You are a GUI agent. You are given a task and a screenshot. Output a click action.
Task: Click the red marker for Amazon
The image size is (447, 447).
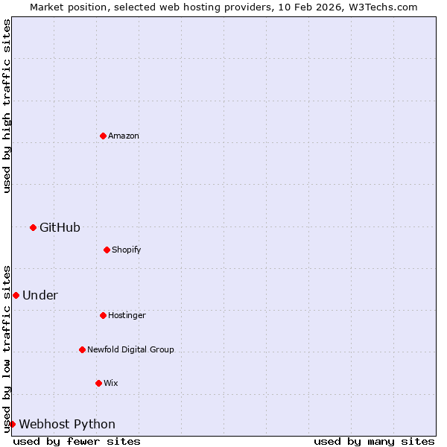[x=103, y=136]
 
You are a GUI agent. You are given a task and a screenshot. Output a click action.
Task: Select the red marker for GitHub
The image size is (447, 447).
[x=33, y=227]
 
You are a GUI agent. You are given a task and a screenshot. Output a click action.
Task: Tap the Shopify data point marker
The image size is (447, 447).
[x=107, y=250]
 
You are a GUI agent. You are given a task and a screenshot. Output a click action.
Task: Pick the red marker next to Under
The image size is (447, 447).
[x=16, y=295]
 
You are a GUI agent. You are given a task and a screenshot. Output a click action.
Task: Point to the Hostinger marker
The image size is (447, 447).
[x=103, y=315]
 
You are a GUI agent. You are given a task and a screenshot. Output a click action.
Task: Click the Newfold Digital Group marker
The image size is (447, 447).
[x=82, y=349]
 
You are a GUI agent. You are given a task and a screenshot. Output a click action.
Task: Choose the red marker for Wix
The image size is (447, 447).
[x=98, y=383]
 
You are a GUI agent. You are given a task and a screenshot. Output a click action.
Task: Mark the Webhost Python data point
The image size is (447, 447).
[x=12, y=424]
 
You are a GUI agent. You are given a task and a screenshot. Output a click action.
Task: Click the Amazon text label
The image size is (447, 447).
[x=124, y=136]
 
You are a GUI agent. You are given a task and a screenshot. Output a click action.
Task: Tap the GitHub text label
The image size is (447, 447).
[x=60, y=227]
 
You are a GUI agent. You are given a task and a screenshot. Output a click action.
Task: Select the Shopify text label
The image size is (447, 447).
[x=127, y=250]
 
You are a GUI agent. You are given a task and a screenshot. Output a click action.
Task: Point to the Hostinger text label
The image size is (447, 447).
[x=127, y=315]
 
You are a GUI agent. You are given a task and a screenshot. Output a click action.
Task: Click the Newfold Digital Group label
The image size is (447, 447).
[x=130, y=349]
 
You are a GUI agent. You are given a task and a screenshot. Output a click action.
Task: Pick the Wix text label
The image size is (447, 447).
[x=110, y=383]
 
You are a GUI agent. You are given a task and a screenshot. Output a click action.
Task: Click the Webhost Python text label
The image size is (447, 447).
[x=67, y=424]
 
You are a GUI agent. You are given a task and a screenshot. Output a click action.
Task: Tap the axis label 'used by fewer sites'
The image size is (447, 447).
[x=77, y=441]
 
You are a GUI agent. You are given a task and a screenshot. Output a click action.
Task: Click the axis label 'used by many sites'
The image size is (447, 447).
[x=374, y=441]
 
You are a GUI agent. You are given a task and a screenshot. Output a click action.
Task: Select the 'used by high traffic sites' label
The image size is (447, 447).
[x=7, y=106]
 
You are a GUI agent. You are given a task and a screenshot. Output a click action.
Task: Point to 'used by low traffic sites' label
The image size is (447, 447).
[x=7, y=348]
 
